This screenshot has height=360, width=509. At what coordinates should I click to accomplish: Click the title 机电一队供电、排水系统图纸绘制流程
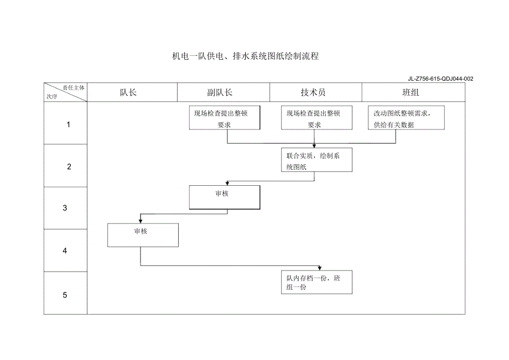coord(246,56)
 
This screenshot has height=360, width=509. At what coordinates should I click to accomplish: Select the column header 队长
coord(128,92)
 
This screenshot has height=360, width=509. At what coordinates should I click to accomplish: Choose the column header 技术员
coord(313,92)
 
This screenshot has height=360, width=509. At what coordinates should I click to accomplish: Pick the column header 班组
coord(411,92)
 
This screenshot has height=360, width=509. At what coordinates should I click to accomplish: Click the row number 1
coord(69,124)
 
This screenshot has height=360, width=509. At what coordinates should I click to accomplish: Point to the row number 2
coord(69,166)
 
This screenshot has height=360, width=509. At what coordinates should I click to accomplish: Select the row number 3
coord(65,208)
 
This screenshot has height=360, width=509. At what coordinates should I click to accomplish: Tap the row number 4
coord(65,251)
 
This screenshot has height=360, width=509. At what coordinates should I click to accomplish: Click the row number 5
coord(65,295)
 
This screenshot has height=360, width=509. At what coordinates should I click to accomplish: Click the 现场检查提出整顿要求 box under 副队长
coord(224,118)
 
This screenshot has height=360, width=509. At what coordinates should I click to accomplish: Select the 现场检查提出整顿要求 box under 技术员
coord(317,118)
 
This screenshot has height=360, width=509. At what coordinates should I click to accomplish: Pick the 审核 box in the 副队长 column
coord(224,198)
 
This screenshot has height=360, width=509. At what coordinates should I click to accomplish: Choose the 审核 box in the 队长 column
coord(143,235)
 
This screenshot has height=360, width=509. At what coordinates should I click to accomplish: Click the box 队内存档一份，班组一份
coord(317,282)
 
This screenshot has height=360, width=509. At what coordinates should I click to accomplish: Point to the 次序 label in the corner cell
coord(53,96)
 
